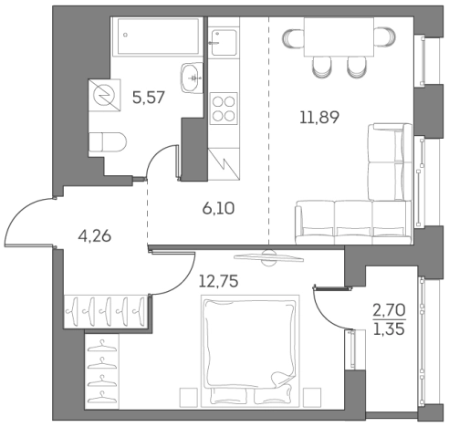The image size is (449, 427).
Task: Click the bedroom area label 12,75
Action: click(x=219, y=281)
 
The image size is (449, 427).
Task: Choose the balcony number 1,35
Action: click(x=391, y=332)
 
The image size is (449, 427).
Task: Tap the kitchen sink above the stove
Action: click(x=222, y=40)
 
